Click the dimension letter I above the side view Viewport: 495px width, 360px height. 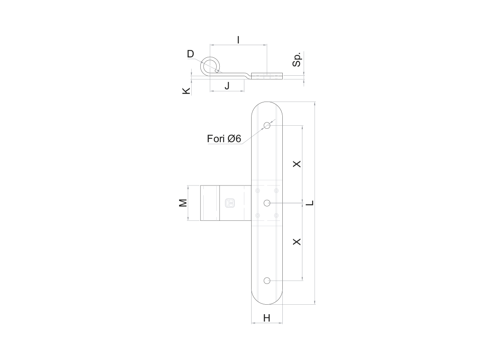(x=238, y=40)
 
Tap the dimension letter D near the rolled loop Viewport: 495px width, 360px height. (x=191, y=54)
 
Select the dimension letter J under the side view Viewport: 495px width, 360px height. (x=227, y=86)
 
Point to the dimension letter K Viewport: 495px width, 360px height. (x=186, y=91)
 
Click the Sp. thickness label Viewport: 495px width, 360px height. (x=297, y=60)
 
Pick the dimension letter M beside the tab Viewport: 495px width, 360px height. (x=183, y=203)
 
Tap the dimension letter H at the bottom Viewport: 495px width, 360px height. (x=267, y=318)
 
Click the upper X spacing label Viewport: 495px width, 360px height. (x=297, y=164)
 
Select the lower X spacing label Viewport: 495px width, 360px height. (x=297, y=242)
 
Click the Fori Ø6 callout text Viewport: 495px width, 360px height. (x=224, y=139)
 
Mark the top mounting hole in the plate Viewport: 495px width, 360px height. (x=267, y=125)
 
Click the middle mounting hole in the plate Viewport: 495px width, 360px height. (x=267, y=203)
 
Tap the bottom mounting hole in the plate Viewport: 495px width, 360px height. (x=267, y=281)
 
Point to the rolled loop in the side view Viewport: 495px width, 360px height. (x=210, y=66)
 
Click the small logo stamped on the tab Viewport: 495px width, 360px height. (x=230, y=203)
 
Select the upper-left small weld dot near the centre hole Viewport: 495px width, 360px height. (x=258, y=190)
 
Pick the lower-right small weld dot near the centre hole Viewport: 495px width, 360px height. (x=276, y=215)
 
